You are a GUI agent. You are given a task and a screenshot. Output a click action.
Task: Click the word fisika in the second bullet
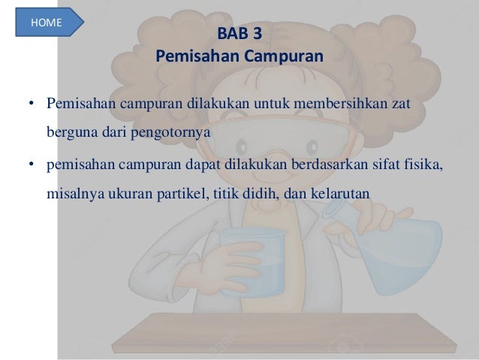click(423, 162)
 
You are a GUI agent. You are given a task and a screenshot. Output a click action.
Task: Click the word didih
click(258, 192)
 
